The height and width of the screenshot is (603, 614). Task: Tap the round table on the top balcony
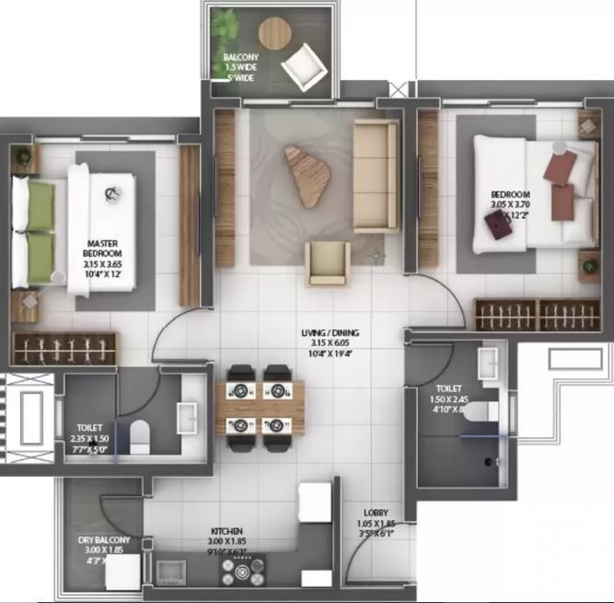(x=273, y=32)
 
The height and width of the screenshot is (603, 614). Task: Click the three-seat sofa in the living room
(x=375, y=174)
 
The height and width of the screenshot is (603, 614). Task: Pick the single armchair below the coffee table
(x=328, y=262)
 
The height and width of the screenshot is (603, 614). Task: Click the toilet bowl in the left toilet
(x=141, y=432)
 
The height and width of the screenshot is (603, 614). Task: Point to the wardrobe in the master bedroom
(x=65, y=351)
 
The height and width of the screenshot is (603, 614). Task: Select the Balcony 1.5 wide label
(x=240, y=66)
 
